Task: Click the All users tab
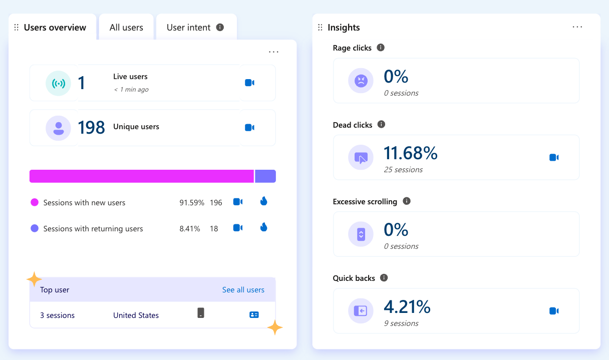click(126, 28)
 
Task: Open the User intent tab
click(189, 28)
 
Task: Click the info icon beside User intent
click(220, 28)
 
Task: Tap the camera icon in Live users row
click(249, 83)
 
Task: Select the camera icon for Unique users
click(249, 128)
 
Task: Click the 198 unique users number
click(91, 128)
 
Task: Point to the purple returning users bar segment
click(265, 176)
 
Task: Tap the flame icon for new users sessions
click(264, 201)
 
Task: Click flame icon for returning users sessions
click(264, 227)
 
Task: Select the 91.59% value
click(192, 203)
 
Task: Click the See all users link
click(243, 290)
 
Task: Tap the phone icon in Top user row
click(201, 313)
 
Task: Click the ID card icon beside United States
click(254, 315)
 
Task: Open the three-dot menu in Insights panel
click(577, 27)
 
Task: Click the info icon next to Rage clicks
click(381, 48)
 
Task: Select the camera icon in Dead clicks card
click(554, 157)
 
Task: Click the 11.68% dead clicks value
click(410, 153)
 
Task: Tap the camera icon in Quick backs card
click(554, 311)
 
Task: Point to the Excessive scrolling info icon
click(407, 201)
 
